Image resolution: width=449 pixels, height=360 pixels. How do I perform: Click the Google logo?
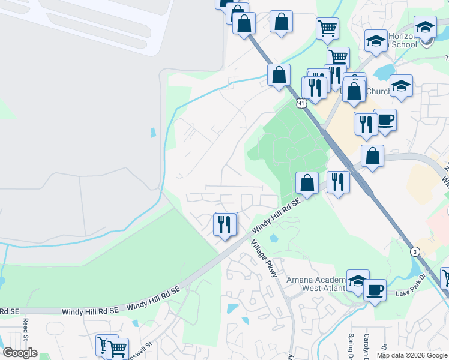click(20, 353)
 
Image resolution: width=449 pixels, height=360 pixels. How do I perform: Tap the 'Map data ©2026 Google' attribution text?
click(412, 355)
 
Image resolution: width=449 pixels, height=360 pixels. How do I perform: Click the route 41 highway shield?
click(301, 103)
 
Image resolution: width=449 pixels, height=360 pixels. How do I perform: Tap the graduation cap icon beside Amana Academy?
click(357, 281)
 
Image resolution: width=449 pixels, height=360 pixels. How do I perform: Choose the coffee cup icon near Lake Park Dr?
click(375, 290)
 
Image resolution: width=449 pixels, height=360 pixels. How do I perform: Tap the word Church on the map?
click(378, 92)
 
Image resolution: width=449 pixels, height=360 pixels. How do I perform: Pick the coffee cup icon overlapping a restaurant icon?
click(385, 119)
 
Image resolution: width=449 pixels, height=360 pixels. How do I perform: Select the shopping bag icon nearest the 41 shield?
click(279, 76)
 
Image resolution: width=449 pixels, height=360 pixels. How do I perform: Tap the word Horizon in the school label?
click(402, 36)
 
